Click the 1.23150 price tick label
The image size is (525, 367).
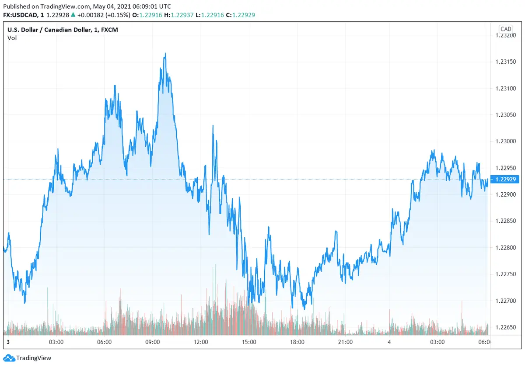[x=506, y=62]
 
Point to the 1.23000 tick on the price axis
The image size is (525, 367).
[x=506, y=141]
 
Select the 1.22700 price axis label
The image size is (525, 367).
[x=506, y=301]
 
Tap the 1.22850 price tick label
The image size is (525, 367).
[x=506, y=221]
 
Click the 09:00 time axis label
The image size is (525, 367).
[x=152, y=342]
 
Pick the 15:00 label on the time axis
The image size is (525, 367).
[x=249, y=342]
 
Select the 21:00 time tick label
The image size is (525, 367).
[x=345, y=342]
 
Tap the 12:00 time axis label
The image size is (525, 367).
[x=201, y=342]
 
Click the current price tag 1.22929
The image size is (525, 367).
[x=506, y=179]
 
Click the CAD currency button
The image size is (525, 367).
[x=506, y=29]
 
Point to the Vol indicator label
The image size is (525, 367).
[x=12, y=38]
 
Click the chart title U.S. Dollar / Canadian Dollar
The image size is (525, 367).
[x=48, y=30]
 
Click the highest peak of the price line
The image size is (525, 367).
[x=165, y=54]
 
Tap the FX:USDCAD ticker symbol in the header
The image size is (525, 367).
[x=22, y=15]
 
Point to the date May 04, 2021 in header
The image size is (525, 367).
[x=109, y=6]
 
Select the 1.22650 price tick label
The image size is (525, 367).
[x=506, y=327]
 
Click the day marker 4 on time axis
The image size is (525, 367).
[x=389, y=342]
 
